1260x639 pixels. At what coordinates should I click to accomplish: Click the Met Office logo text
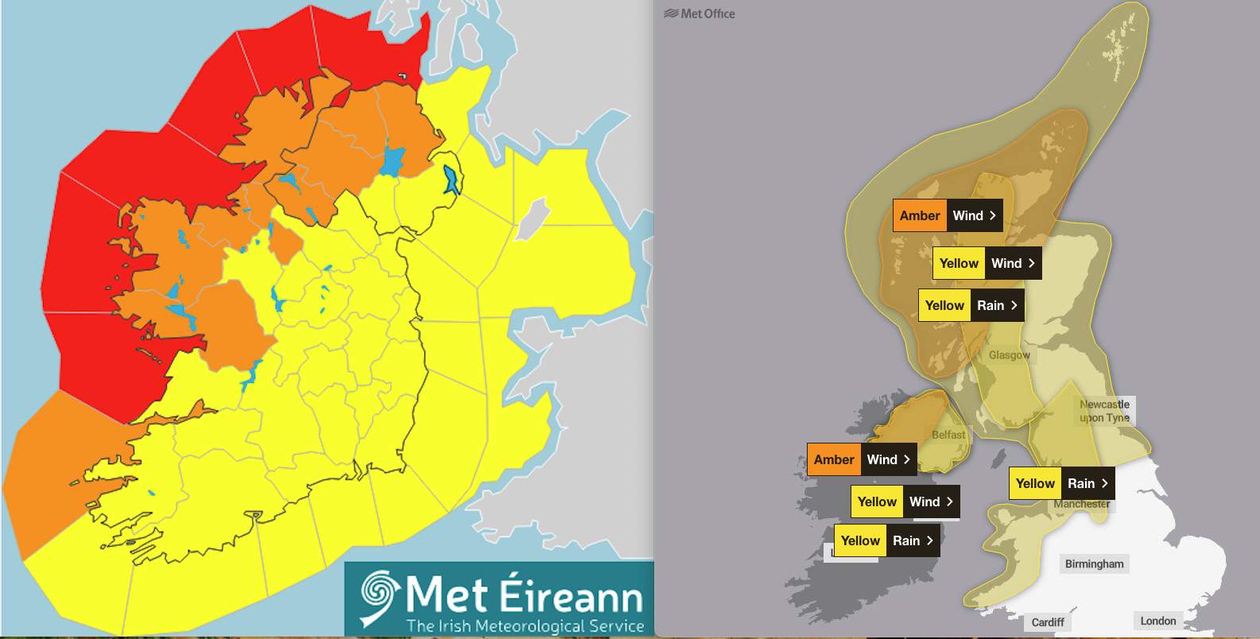(700, 14)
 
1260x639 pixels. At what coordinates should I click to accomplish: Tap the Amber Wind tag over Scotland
(947, 215)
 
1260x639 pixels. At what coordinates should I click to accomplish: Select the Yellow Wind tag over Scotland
(987, 263)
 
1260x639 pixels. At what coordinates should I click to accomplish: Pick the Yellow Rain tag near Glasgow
(971, 305)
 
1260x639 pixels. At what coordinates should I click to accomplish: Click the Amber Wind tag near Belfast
(861, 459)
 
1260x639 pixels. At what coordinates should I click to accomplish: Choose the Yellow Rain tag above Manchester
(1061, 483)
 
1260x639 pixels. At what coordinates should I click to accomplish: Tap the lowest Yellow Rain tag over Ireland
(886, 540)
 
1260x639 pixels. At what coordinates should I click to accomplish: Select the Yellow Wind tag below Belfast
(905, 502)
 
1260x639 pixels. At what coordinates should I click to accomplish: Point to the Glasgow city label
(1009, 355)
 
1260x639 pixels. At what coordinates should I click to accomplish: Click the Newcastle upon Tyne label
(1105, 411)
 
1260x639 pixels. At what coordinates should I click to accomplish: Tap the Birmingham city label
(1094, 564)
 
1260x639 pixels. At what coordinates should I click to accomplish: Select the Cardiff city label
(1047, 622)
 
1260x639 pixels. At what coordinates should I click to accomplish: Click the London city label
(1157, 621)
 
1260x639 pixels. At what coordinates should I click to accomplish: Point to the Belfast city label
(948, 435)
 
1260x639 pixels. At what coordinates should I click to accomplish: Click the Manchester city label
(1082, 504)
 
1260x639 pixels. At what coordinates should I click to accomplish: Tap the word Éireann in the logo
(572, 596)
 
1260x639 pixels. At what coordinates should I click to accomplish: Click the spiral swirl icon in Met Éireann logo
(378, 597)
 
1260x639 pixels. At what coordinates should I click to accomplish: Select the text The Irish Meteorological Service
(525, 626)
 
